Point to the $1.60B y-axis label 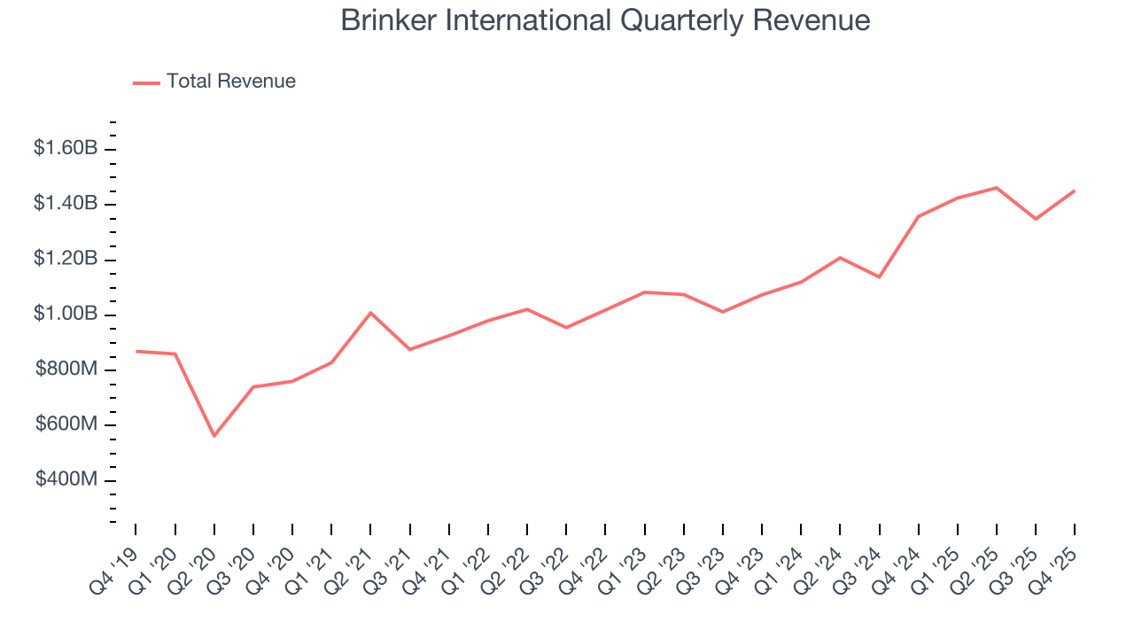point(66,148)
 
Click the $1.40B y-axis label point(66,204)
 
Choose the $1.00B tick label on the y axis point(66,315)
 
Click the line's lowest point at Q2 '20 point(214,436)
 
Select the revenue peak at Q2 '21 point(370,313)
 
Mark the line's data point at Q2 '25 point(997,188)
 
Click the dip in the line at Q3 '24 point(879,277)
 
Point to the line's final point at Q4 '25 point(1075,191)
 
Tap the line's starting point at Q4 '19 point(136,351)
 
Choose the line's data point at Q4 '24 point(919,216)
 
